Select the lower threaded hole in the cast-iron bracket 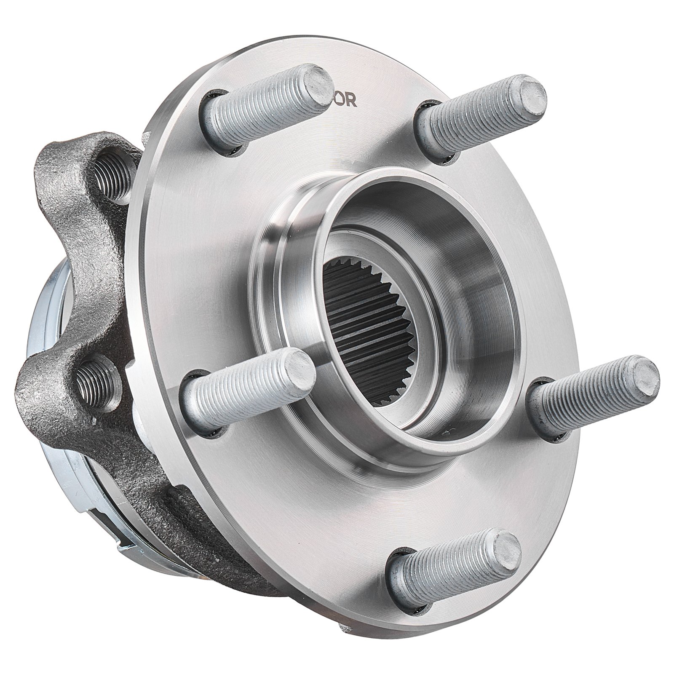[x=94, y=376]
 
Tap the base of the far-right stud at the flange [x=543, y=411]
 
